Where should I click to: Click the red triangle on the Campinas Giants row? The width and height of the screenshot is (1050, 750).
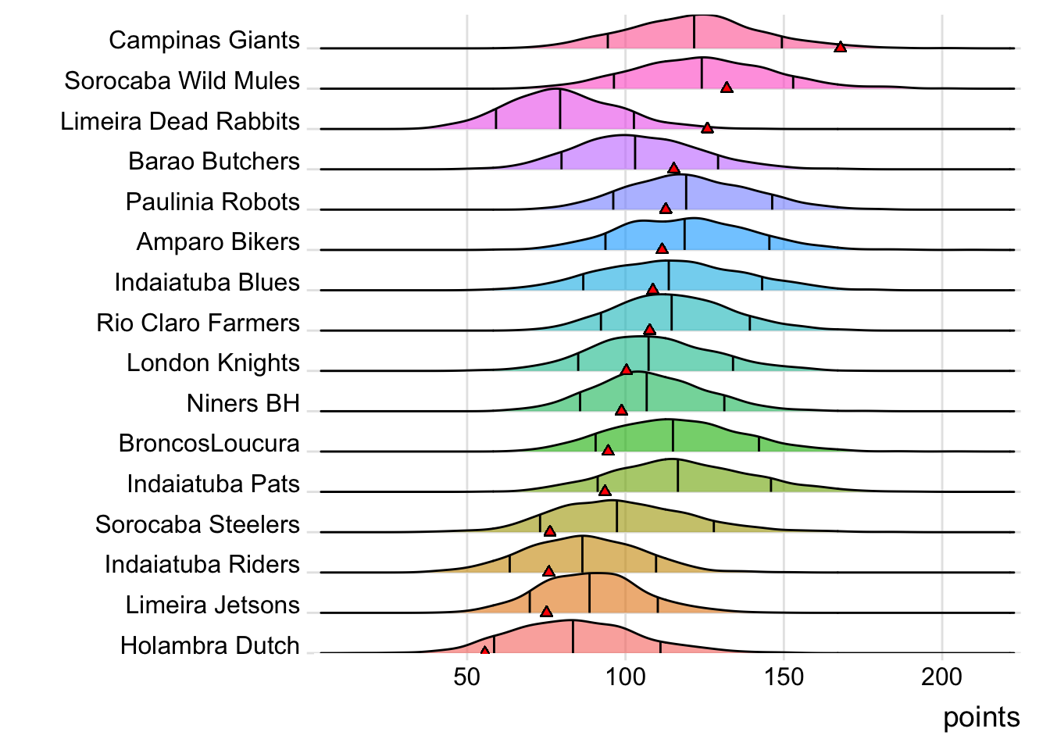(840, 48)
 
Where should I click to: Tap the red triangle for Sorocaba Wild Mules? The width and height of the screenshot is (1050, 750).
(727, 87)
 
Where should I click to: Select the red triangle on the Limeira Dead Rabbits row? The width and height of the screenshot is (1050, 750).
(707, 128)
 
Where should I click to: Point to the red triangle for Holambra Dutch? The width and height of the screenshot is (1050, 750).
(484, 651)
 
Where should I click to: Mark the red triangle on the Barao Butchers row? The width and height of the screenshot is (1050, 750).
(674, 169)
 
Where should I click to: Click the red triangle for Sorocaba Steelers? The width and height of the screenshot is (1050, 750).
(550, 531)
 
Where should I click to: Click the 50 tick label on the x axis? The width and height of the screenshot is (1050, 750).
(466, 677)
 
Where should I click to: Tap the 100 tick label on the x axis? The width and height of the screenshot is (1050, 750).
(625, 677)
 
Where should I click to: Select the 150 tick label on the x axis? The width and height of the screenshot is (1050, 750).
(784, 677)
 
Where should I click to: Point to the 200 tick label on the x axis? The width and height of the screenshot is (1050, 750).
(941, 677)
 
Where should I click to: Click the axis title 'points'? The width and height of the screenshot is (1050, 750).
(981, 717)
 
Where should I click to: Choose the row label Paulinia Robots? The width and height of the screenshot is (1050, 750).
(212, 202)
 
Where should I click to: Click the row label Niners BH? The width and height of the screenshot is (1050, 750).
(243, 403)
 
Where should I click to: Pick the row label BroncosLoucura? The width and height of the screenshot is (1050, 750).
(209, 444)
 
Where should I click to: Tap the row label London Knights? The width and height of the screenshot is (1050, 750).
(212, 363)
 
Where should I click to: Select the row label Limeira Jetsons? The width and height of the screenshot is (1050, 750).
(212, 605)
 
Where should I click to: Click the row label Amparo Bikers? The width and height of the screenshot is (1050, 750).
(218, 242)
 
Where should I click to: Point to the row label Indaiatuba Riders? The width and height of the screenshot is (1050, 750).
(202, 564)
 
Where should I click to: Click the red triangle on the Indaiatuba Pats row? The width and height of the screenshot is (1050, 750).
(604, 491)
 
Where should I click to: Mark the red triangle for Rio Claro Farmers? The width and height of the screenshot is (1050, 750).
(649, 330)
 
